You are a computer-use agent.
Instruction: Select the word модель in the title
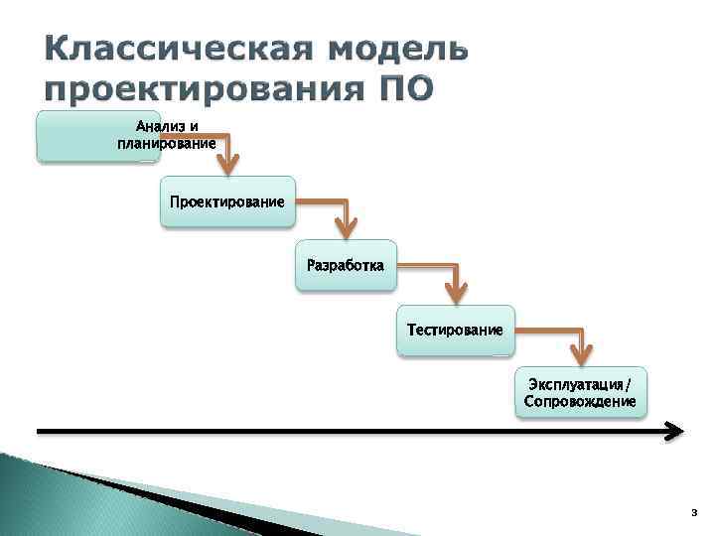click(x=398, y=50)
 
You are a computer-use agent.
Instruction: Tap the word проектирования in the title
click(x=195, y=90)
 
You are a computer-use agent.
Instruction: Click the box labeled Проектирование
click(x=227, y=201)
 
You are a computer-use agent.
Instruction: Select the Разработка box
click(x=346, y=265)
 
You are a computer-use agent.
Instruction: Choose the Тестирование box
click(x=455, y=330)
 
